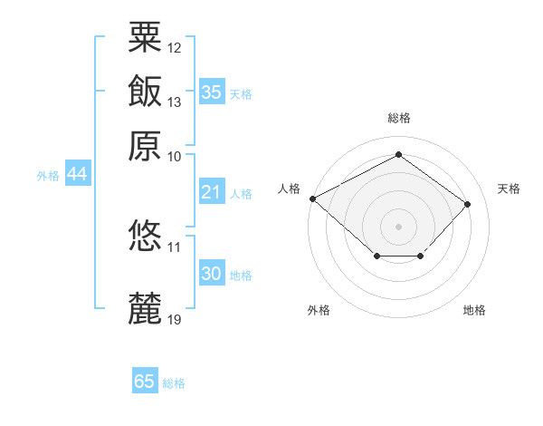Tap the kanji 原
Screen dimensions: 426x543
(x=145, y=144)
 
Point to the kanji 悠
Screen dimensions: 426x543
(x=145, y=236)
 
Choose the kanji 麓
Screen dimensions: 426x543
(x=145, y=308)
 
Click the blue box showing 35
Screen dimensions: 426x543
(x=211, y=92)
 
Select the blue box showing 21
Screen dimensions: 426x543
(x=211, y=192)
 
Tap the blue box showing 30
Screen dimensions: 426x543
(x=211, y=274)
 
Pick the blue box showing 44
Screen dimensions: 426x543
(x=77, y=175)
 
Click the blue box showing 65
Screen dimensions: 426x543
(x=145, y=382)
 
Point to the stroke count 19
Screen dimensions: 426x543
(x=175, y=319)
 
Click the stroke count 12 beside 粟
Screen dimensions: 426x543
(x=175, y=46)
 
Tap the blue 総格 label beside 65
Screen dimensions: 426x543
(x=174, y=383)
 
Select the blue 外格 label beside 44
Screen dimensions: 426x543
(x=48, y=177)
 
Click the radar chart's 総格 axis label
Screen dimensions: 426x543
(x=398, y=118)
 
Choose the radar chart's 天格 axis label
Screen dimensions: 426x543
(x=509, y=189)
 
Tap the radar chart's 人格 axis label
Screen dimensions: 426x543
(x=289, y=189)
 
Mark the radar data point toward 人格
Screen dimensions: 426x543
(x=312, y=198)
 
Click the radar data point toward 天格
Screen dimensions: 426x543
(x=467, y=204)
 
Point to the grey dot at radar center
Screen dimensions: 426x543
(x=398, y=226)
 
